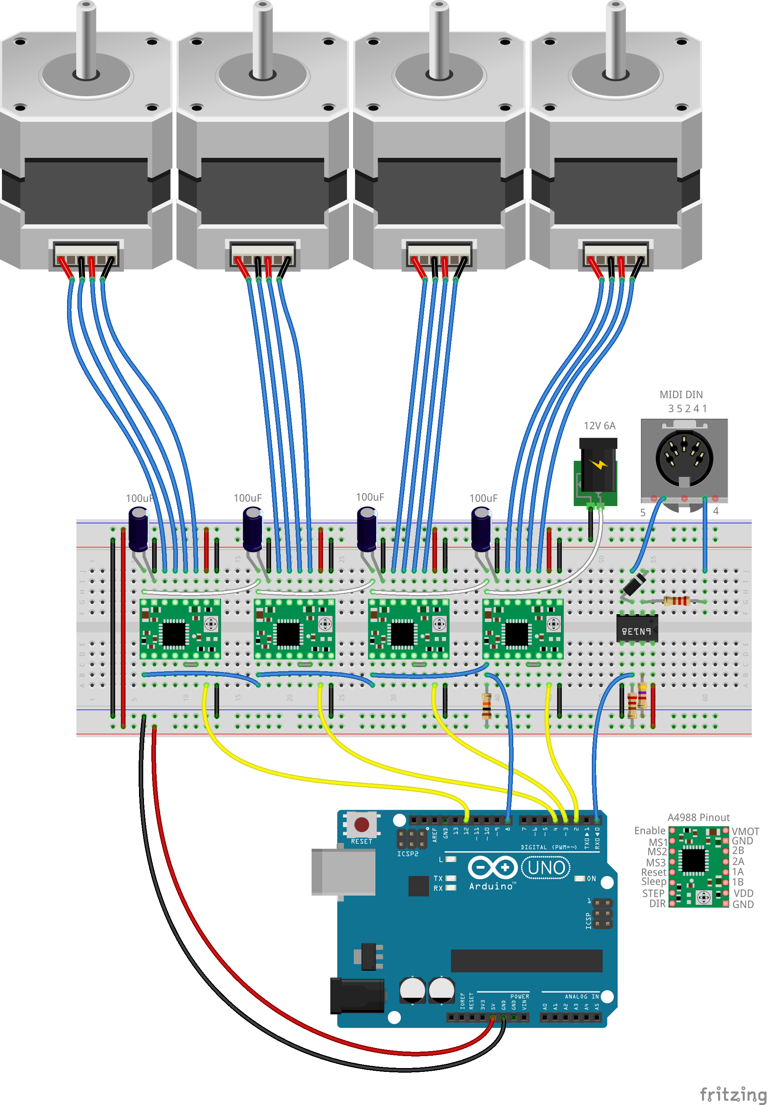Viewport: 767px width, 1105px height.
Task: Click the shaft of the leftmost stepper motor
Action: pyautogui.click(x=86, y=38)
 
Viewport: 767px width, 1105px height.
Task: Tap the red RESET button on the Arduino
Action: pyautogui.click(x=362, y=824)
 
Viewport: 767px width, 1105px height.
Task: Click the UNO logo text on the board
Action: pyautogui.click(x=546, y=868)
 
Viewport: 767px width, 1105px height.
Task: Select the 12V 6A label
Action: pyautogui.click(x=599, y=426)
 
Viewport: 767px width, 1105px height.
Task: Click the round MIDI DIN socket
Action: pyautogui.click(x=684, y=458)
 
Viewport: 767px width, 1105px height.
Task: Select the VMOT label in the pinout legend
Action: pyautogui.click(x=745, y=831)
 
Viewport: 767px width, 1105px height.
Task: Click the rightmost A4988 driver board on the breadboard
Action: pyautogui.click(x=522, y=629)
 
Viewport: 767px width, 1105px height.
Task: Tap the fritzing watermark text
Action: pyautogui.click(x=732, y=1094)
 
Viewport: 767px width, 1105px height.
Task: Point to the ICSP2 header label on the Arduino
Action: pyautogui.click(x=407, y=854)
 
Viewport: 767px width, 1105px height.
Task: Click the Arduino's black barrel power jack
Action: pyautogui.click(x=357, y=995)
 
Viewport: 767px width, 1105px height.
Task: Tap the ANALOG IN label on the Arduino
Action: pyautogui.click(x=581, y=996)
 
